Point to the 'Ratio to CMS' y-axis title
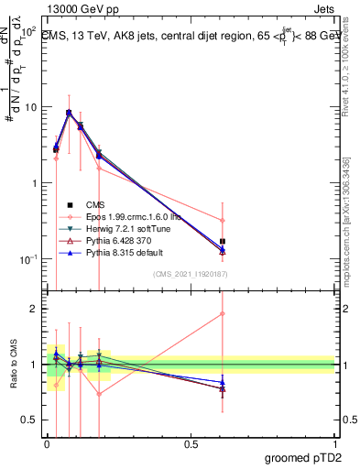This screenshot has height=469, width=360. (13, 365)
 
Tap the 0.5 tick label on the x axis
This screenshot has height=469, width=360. (191, 443)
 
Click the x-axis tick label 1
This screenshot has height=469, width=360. (334, 443)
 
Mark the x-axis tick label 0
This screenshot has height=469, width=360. (47, 443)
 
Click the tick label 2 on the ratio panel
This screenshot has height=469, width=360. (34, 309)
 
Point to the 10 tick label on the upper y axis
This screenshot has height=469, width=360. (30, 107)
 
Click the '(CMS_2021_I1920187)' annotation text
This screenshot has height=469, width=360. (191, 275)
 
